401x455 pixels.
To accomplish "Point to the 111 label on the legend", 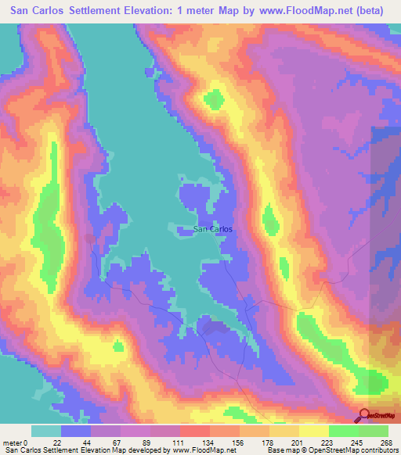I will tap(179, 442).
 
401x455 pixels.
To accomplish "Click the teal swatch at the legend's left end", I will tap(46, 431).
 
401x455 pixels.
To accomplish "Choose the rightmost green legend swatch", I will tap(374, 431).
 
